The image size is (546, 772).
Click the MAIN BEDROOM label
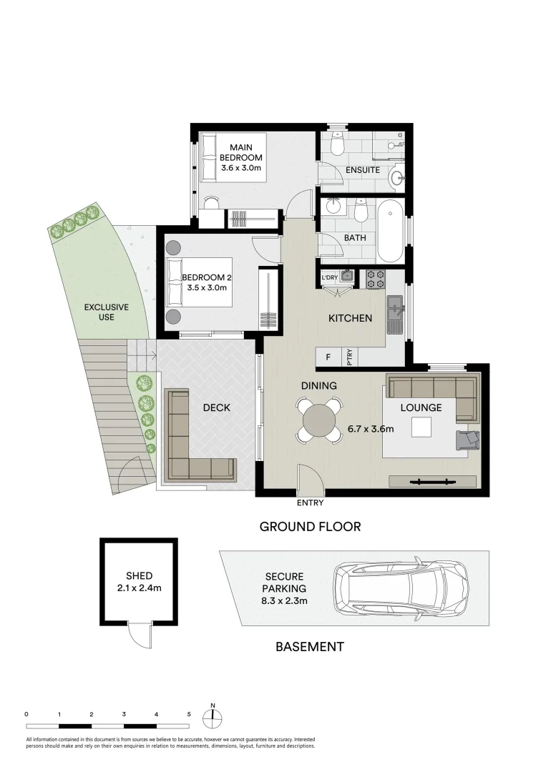point(241,152)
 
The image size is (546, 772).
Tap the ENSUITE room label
point(362,171)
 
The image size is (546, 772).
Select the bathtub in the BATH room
point(390,232)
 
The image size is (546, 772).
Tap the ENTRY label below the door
point(310,503)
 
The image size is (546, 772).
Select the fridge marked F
point(328,356)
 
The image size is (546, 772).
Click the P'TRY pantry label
point(350,356)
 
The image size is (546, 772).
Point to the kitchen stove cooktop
point(375,279)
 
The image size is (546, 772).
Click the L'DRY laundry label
point(329,277)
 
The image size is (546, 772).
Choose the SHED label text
point(139,575)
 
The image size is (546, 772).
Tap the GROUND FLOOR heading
point(309,527)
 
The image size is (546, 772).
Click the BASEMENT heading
point(310,647)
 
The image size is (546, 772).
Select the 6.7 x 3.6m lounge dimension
point(370,429)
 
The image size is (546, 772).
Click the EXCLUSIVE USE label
point(106,312)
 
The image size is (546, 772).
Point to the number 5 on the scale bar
point(189,714)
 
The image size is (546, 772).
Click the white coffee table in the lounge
point(421,427)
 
